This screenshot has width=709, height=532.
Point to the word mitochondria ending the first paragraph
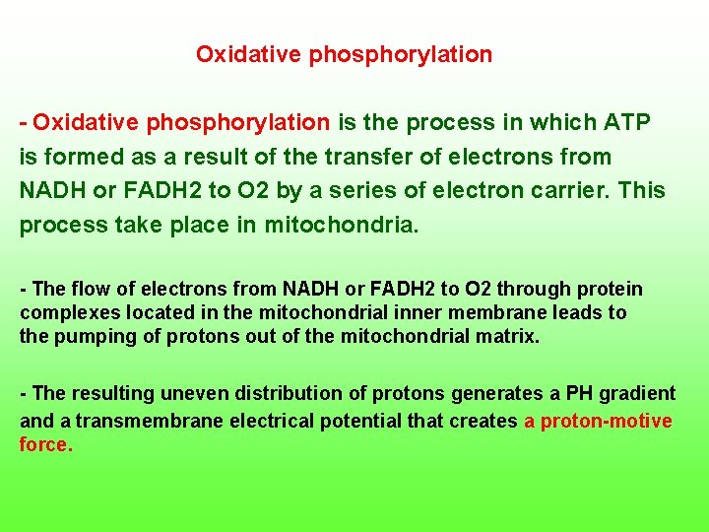coord(343,225)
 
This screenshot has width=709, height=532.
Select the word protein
coord(611,290)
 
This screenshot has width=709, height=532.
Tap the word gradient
coord(639,394)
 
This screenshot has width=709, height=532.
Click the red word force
coord(44,444)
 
